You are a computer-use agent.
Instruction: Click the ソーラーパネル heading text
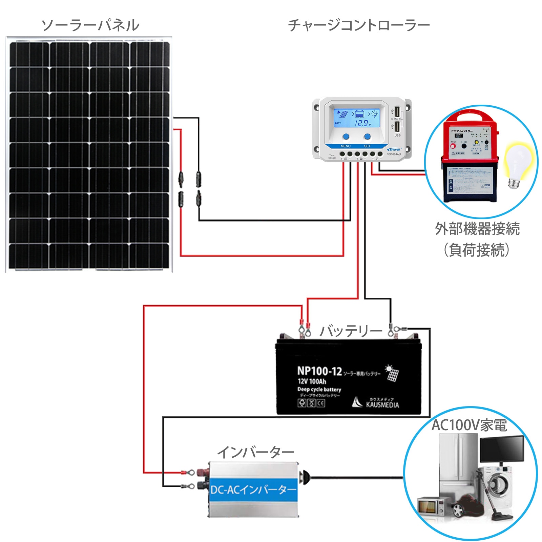pos(90,25)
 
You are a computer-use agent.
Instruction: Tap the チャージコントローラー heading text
pos(358,25)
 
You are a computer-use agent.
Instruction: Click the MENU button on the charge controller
pos(346,137)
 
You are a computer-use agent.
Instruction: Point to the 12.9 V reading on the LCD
pos(362,123)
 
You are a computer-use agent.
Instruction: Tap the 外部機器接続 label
pos(477,229)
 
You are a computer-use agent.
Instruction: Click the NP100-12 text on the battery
pos(319,371)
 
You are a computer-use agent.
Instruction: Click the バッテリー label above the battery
pos(351,331)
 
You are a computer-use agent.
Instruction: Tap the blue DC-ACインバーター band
pos(253,490)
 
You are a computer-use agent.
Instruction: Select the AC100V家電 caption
pos(469,425)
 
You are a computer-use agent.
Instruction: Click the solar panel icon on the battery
pos(392,373)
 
